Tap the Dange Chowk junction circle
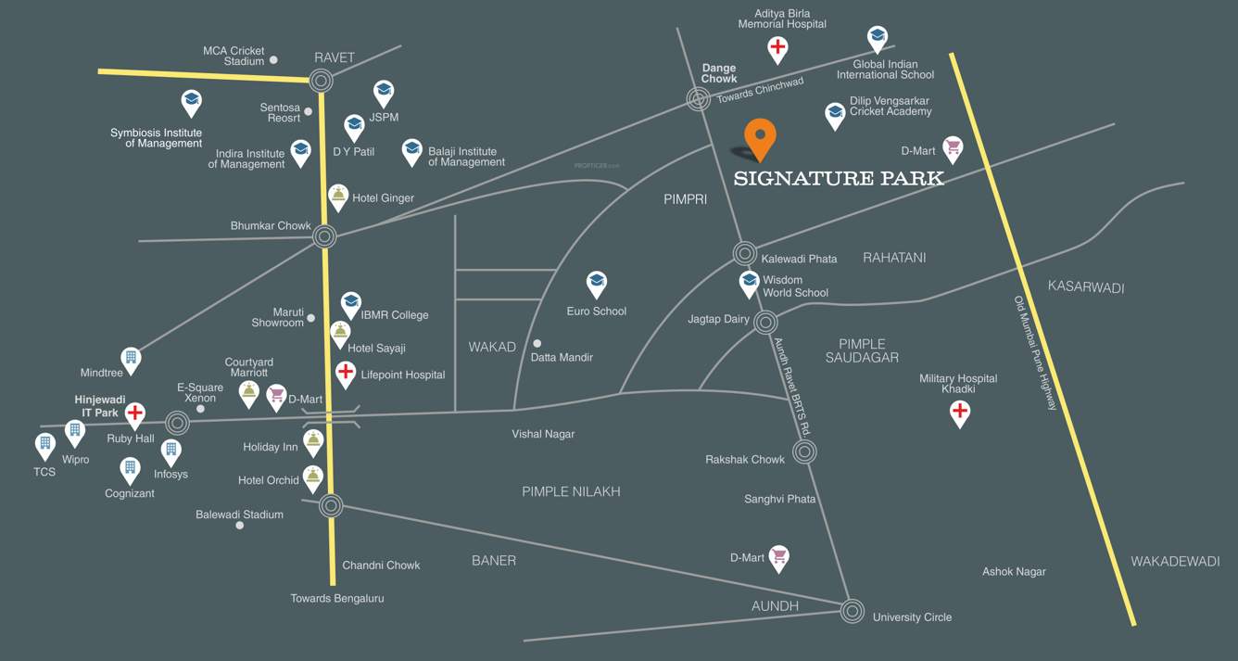[698, 99]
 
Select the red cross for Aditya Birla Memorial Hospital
[778, 47]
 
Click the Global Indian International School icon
[878, 38]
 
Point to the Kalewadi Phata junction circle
[745, 252]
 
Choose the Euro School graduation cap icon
[597, 283]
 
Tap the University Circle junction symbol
[853, 610]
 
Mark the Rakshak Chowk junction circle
[804, 452]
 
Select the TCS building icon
[44, 445]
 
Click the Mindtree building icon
[132, 359]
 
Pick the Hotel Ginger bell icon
[339, 195]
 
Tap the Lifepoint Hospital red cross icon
[346, 373]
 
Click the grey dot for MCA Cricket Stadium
[273, 60]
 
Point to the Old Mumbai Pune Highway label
[1035, 352]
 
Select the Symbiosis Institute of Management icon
[192, 101]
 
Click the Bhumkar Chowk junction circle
[323, 236]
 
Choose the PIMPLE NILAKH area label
[571, 491]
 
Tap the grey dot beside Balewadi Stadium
[240, 526]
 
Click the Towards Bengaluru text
[337, 598]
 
